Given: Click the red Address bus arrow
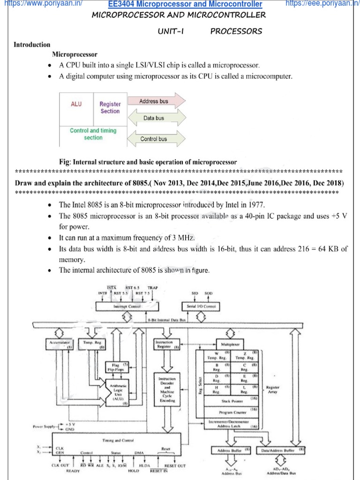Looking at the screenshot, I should [157, 101].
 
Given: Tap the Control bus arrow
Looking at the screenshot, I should [154, 139].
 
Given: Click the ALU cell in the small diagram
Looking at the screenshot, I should [76, 104].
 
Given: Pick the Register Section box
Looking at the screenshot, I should [110, 108].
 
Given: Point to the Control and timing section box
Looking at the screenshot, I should [93, 134].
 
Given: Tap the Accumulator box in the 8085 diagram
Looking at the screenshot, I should [59, 345].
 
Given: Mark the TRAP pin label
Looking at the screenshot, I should [153, 287].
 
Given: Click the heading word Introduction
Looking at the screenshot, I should [32, 45].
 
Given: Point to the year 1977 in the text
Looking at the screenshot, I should [257, 205].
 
